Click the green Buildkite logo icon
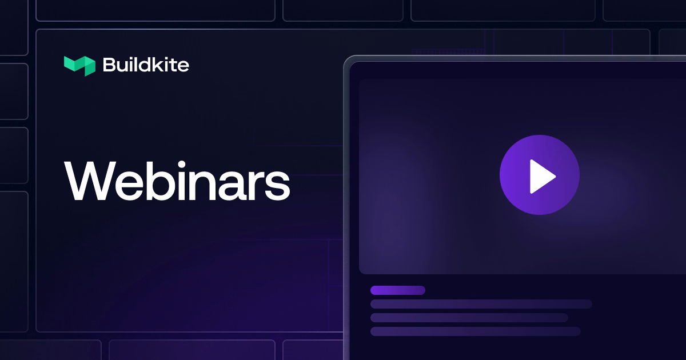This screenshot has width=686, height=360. tap(79, 66)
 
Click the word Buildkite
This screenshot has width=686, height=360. tap(146, 65)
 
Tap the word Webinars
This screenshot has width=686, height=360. tap(177, 181)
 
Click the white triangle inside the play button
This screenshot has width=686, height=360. tap(543, 177)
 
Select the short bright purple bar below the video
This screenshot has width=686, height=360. tap(398, 290)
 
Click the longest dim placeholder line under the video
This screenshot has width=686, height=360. tap(481, 304)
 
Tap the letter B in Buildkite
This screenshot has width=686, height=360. tap(110, 65)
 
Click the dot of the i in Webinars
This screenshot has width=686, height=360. tap(182, 165)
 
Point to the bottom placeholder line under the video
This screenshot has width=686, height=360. tap(475, 331)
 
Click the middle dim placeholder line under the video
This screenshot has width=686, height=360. tap(469, 318)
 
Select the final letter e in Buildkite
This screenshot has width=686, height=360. tap(182, 66)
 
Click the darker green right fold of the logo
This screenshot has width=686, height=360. tap(90, 66)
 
